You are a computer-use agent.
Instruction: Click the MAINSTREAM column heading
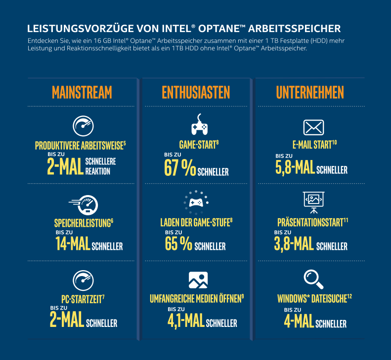click(82, 92)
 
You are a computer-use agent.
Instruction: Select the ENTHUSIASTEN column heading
click(196, 92)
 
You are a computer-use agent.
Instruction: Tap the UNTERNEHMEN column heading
click(310, 92)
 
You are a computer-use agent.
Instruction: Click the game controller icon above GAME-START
click(199, 126)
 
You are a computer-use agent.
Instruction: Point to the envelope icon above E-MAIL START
click(313, 127)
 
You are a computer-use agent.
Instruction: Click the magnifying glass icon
click(313, 280)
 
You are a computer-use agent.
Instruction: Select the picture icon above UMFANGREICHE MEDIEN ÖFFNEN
click(198, 280)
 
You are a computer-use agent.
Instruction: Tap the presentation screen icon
click(313, 200)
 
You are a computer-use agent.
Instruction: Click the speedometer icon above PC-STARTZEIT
click(83, 280)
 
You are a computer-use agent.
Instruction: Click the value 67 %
click(180, 168)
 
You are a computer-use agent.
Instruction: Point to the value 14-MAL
click(72, 243)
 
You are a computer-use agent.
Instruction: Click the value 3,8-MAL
click(294, 243)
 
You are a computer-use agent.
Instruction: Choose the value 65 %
click(178, 243)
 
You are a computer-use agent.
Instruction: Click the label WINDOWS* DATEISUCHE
click(312, 299)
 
